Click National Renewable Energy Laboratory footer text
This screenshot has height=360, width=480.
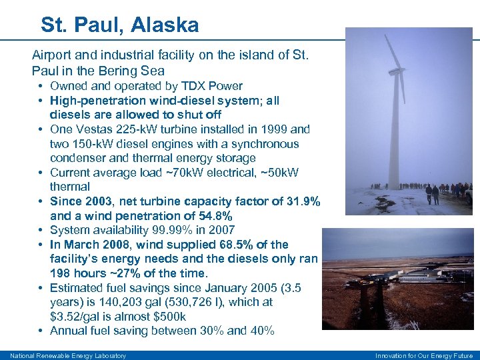tap(68, 355)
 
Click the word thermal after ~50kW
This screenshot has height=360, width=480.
tap(69, 187)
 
